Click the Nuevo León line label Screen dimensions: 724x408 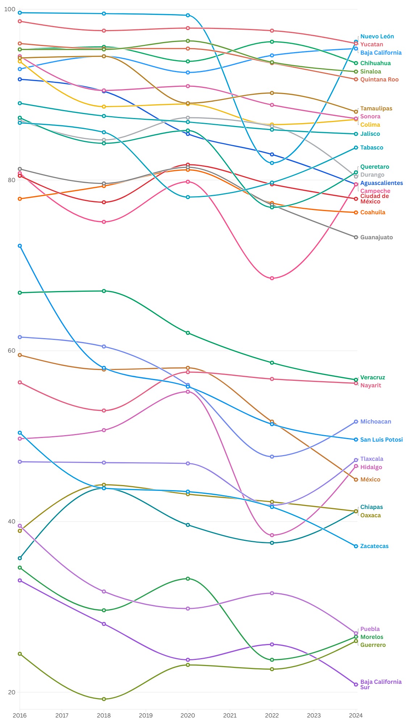(x=377, y=37)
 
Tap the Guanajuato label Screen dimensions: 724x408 (x=376, y=237)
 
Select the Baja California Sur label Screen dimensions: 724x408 (x=380, y=685)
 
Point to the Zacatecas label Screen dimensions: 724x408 (x=374, y=546)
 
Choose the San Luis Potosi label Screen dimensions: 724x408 (x=381, y=440)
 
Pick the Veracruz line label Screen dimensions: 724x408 (x=373, y=378)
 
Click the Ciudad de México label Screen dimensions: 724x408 (x=374, y=199)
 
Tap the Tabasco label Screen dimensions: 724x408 (x=371, y=148)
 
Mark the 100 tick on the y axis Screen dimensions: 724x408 (x=10, y=9)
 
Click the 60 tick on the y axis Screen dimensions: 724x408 (x=11, y=350)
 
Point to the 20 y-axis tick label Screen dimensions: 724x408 (x=11, y=692)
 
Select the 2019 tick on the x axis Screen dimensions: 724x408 (x=146, y=715)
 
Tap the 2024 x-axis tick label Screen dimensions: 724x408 (x=356, y=715)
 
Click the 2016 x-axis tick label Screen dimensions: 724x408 (x=20, y=715)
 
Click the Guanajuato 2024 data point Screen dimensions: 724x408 (x=356, y=237)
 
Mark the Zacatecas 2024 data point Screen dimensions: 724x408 (x=356, y=546)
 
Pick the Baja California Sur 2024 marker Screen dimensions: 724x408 (x=356, y=685)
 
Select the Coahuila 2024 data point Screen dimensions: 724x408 (x=356, y=212)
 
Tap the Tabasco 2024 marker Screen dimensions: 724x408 (x=356, y=148)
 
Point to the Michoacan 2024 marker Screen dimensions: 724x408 (x=356, y=422)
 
